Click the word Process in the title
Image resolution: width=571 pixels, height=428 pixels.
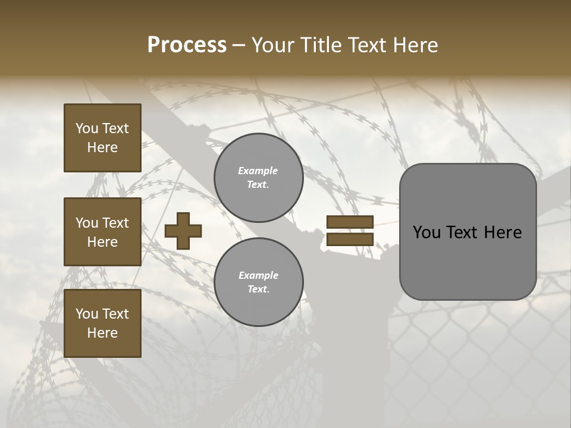point(187,45)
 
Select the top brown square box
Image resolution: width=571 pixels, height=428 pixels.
point(102,138)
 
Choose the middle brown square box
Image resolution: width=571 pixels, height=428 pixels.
point(102,232)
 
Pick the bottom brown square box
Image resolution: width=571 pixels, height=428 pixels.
point(102,323)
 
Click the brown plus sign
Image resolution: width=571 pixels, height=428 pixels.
point(183,231)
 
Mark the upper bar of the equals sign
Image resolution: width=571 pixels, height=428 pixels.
point(350,222)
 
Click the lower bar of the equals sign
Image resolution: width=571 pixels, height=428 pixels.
point(350,239)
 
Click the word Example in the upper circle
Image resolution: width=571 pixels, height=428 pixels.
point(258,171)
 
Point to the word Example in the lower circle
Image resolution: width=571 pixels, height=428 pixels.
point(258,275)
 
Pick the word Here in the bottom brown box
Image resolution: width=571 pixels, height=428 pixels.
point(102,333)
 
